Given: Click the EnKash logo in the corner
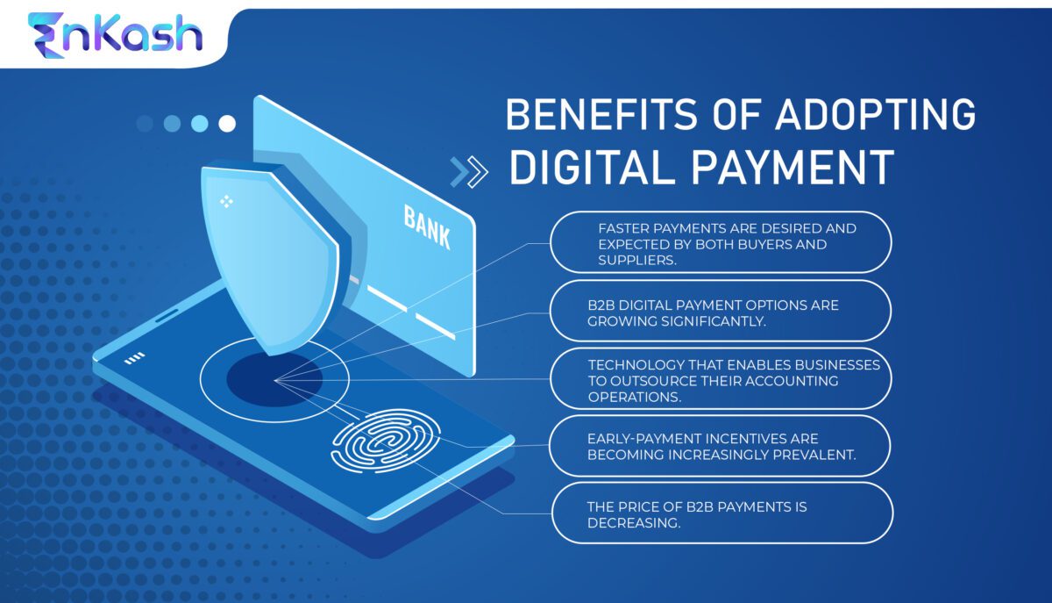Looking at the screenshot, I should (115, 35).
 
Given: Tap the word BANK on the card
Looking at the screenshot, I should (427, 226).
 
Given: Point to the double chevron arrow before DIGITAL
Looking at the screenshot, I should (468, 172).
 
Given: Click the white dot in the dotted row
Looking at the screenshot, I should (227, 124).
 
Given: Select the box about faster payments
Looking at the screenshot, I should (721, 243).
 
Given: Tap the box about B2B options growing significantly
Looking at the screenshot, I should (721, 312).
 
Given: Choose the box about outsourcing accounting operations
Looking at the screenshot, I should (721, 380).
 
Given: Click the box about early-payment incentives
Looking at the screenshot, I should (721, 446).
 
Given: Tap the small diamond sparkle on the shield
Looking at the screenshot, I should (226, 201).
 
